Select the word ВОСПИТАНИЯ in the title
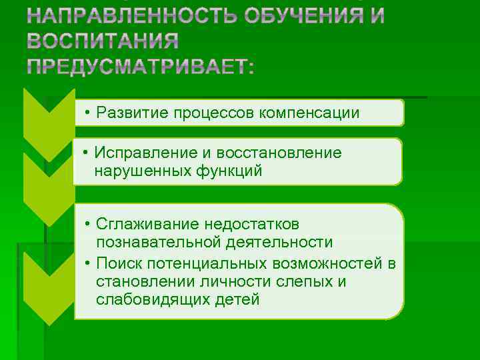pyautogui.click(x=103, y=41)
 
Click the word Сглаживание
pyautogui.click(x=139, y=223)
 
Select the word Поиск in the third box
pyautogui.click(x=116, y=261)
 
